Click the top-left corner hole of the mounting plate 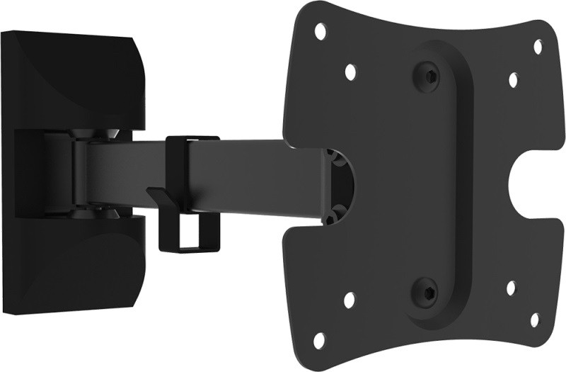[x=320, y=30]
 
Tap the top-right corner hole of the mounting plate [x=538, y=47]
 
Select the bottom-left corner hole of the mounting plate [x=320, y=339]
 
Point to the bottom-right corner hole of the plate [x=534, y=320]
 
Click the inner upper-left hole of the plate [x=350, y=71]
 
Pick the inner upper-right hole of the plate [x=514, y=80]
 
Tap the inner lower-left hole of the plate [x=350, y=300]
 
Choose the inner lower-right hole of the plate [x=512, y=288]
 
